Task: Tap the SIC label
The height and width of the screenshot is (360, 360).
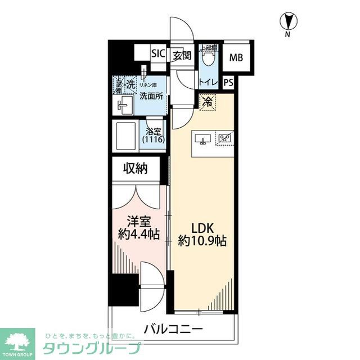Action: coord(158,54)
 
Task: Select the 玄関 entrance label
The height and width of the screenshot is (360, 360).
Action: coord(181,55)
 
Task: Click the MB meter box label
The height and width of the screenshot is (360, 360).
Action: coord(236,57)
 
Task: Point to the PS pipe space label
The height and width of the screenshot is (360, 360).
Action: coord(228,82)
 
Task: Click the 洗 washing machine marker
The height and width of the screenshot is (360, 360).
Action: coord(130,85)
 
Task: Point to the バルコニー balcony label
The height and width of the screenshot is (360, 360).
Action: coord(173,328)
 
